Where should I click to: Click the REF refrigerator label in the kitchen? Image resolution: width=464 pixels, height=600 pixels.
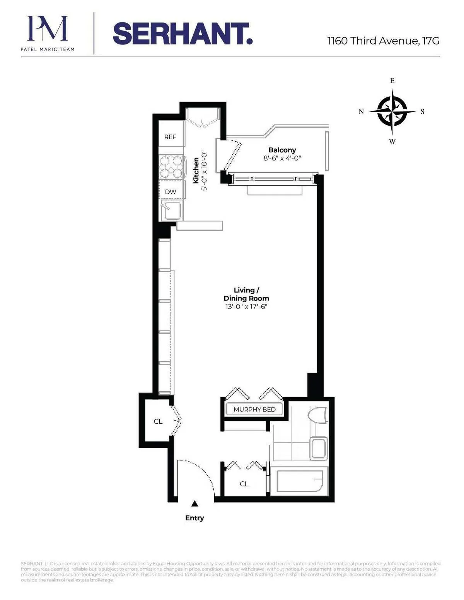point(170,137)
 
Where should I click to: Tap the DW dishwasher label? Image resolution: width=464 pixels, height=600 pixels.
point(171,192)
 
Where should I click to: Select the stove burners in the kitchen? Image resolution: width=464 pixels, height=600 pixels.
point(171,167)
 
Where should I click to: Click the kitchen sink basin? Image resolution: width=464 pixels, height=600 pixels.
point(172,210)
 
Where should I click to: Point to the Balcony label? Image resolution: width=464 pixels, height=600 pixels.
point(282,150)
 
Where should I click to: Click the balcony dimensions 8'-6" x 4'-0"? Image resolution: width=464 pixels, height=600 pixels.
point(282,158)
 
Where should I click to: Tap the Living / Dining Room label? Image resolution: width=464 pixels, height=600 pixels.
point(246,294)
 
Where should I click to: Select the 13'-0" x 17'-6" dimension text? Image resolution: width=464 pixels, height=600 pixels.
point(246,307)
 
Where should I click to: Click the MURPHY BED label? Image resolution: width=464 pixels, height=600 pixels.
point(254,409)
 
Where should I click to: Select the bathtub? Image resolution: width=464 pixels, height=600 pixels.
point(300,482)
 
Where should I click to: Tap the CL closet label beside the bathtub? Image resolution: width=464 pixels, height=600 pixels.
point(244,484)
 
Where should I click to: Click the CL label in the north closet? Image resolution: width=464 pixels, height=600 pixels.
point(158,421)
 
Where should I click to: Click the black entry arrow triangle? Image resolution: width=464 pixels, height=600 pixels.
point(195,503)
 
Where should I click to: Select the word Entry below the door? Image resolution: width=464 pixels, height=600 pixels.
point(194,518)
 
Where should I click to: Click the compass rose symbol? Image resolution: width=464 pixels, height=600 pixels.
point(392,111)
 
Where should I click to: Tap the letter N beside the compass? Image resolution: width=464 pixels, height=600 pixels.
point(361,112)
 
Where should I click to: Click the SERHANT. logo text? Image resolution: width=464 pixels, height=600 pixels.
point(183,34)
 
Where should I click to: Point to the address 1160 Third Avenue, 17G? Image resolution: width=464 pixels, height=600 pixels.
point(383,41)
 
